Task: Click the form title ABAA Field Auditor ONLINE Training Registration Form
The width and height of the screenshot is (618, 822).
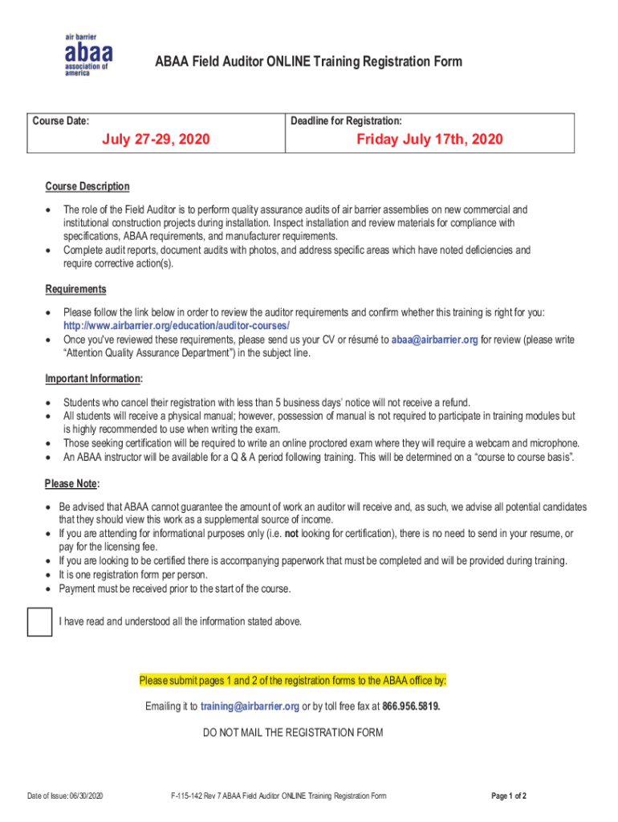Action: coord(309,62)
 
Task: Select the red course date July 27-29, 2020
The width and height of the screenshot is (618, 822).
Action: coord(156,140)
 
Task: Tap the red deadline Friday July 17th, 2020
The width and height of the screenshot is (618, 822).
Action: coord(429,140)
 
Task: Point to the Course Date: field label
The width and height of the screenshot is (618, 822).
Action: coord(60,121)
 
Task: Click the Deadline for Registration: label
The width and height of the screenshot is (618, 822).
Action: coord(346,121)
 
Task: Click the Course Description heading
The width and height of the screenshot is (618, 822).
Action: coord(87,186)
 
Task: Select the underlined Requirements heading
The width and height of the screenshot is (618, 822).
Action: coord(75,289)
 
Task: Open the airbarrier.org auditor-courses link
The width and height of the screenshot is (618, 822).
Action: coord(177,325)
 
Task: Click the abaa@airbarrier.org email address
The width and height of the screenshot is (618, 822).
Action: coord(434,340)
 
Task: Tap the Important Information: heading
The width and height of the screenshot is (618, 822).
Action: coord(94,378)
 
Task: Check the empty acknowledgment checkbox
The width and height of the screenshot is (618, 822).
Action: coord(39,622)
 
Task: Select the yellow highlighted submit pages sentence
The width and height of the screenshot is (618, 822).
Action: coord(293,681)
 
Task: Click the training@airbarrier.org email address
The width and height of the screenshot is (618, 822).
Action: coord(250,706)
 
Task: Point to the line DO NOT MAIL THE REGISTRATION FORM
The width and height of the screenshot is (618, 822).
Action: coord(293,732)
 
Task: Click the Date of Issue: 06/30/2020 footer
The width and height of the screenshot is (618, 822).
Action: coord(64,796)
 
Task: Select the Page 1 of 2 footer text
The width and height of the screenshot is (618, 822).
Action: coord(509,796)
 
